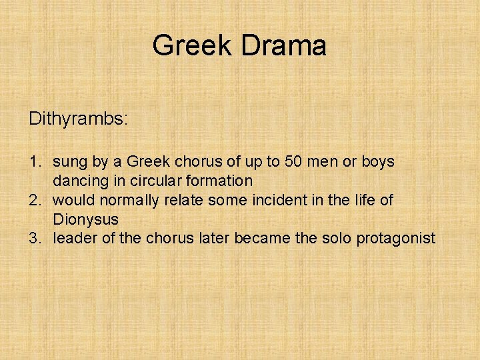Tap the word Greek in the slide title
coord(193,46)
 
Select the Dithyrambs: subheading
coord(78,119)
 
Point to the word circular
coord(151,181)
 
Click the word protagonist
coord(395,238)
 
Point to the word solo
coord(335,238)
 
